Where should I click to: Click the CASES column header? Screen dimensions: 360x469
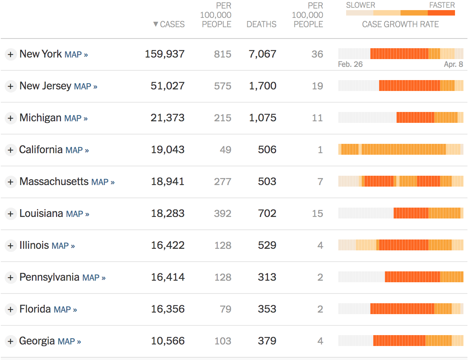(x=172, y=24)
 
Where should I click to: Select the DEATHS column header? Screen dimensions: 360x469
(x=261, y=24)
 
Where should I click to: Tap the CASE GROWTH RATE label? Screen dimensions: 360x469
(x=400, y=24)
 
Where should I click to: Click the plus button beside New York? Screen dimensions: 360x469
(x=10, y=54)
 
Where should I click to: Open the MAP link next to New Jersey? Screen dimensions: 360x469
(x=86, y=86)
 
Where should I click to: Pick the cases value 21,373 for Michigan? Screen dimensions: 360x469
(x=168, y=118)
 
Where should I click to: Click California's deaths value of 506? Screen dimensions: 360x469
(x=267, y=150)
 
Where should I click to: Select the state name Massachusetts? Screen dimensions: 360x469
(x=54, y=182)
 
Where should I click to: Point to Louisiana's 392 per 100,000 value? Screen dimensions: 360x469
(x=222, y=213)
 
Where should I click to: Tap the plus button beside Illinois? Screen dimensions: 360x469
(x=10, y=246)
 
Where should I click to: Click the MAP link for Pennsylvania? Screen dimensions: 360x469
(x=94, y=278)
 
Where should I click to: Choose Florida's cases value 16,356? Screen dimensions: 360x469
(x=168, y=309)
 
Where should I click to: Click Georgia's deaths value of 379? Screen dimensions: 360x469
(x=267, y=341)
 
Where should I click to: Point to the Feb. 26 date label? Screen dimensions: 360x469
(x=350, y=65)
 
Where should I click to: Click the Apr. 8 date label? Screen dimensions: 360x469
(x=453, y=65)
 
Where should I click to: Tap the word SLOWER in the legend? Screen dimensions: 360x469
(x=360, y=5)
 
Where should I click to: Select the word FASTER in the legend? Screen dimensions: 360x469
(x=442, y=5)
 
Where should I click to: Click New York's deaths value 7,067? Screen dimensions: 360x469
(x=262, y=54)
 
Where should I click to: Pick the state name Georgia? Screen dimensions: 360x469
(x=37, y=341)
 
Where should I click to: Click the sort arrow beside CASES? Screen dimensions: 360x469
(x=156, y=24)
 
